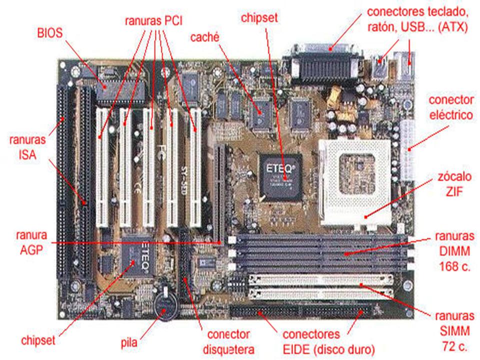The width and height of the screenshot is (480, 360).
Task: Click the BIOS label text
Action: (x=50, y=33)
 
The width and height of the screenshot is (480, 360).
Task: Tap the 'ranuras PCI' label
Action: (x=153, y=21)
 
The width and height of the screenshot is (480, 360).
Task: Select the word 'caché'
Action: (x=205, y=37)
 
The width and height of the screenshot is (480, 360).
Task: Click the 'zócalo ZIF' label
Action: (x=454, y=184)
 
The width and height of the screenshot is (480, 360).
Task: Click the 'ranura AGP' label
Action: (x=31, y=242)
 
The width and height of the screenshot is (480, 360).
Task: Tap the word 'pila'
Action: (x=129, y=342)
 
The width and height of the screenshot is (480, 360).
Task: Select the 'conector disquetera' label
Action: (x=228, y=341)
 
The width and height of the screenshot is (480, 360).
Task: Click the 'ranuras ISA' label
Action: (x=27, y=147)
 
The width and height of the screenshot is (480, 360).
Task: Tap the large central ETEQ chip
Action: (x=280, y=177)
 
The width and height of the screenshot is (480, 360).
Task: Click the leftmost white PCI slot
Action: (x=102, y=167)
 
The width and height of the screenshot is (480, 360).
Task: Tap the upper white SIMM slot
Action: (x=321, y=279)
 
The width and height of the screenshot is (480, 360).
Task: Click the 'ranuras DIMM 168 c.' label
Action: (x=454, y=251)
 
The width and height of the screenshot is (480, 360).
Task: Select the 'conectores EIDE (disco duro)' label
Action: (x=329, y=341)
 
